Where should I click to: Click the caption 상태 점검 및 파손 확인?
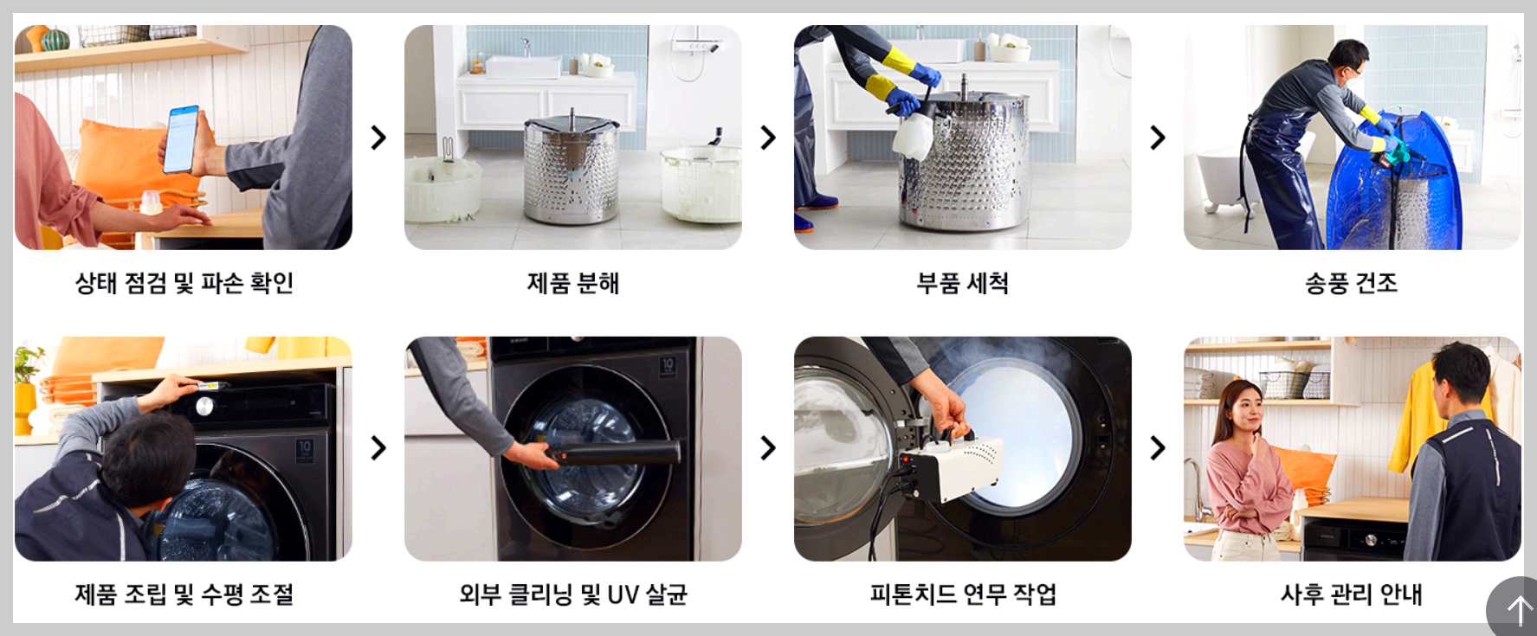coord(184,283)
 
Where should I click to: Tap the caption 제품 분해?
coord(572,283)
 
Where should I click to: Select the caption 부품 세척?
coord(962,283)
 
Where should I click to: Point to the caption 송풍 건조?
coord(1351,283)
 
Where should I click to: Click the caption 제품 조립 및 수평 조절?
coord(184,594)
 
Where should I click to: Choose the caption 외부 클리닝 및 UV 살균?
coord(572,594)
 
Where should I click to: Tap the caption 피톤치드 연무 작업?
coord(962,594)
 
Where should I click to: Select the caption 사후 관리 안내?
coord(1351,594)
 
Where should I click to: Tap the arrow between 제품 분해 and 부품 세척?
coord(767,138)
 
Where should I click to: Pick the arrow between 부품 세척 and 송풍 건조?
coord(1157,138)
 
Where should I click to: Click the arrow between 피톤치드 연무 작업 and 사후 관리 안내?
coord(1157,448)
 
